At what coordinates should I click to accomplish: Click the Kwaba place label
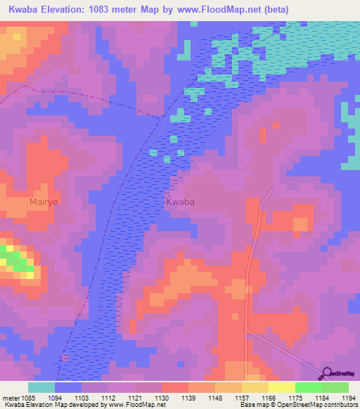(180, 202)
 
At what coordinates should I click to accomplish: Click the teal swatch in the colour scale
(41, 387)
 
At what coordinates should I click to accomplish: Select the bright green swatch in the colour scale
(308, 387)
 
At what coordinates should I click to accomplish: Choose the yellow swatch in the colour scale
(281, 387)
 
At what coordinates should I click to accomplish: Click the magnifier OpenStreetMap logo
(328, 373)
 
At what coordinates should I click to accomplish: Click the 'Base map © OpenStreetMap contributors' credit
(299, 405)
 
